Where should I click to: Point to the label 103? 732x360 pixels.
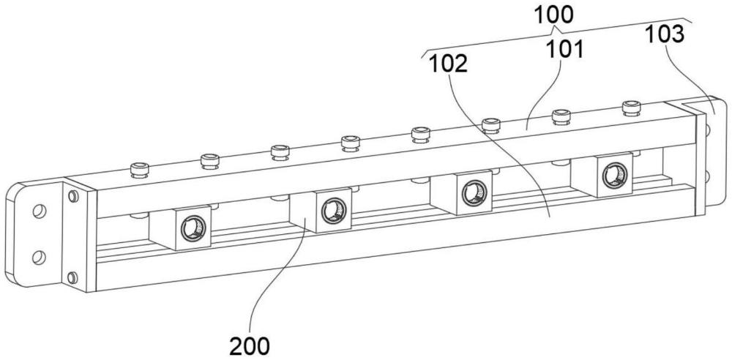click(665, 34)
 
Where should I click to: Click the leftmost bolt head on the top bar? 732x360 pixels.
click(139, 170)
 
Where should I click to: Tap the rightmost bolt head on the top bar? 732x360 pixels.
click(631, 108)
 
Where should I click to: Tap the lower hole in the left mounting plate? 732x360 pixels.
click(39, 255)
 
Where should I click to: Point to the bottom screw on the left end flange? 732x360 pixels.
click(72, 277)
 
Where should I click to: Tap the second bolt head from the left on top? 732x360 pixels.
click(209, 159)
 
